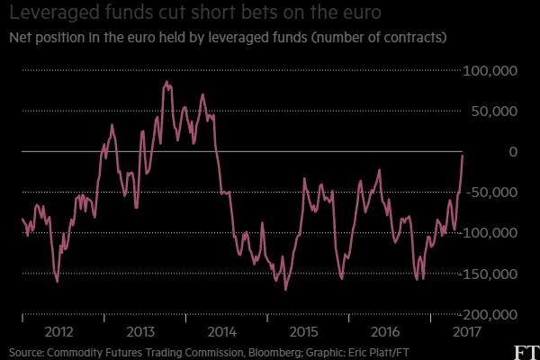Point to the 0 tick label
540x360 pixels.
[x=512, y=152]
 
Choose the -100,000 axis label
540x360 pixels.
[x=489, y=233]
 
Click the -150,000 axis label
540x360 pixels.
[x=489, y=274]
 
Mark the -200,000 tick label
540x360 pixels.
[x=489, y=314]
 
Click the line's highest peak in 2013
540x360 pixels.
[x=166, y=82]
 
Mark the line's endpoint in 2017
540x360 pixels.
[x=463, y=155]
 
